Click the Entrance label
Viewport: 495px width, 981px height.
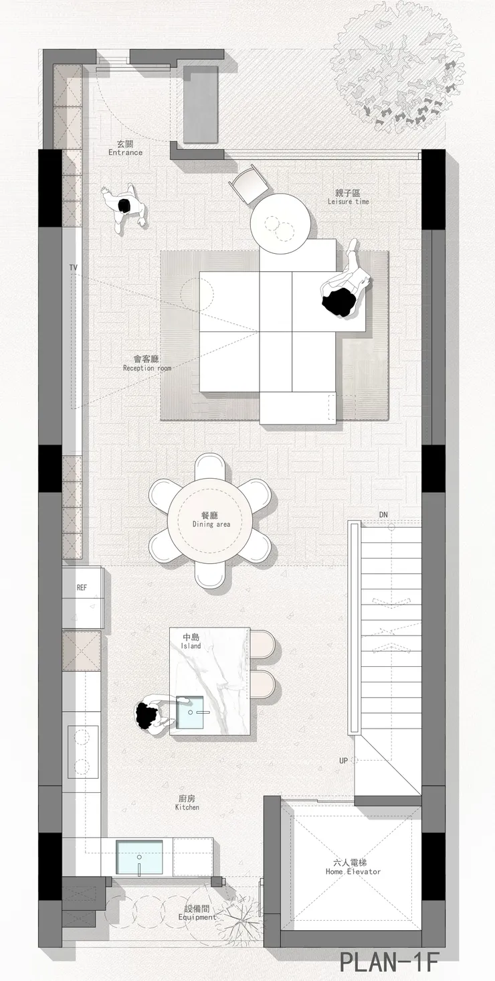pyautogui.click(x=125, y=153)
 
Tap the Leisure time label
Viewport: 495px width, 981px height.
pyautogui.click(x=349, y=202)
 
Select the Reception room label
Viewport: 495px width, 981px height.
pyautogui.click(x=147, y=368)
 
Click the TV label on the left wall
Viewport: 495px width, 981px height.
pyautogui.click(x=73, y=267)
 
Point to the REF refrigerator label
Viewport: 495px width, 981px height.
pyautogui.click(x=82, y=587)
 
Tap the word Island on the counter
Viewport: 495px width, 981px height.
pyautogui.click(x=191, y=646)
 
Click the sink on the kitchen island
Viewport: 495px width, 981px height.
pyautogui.click(x=190, y=712)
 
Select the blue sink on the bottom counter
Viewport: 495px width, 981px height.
pyautogui.click(x=139, y=857)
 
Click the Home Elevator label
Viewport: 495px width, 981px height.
pyautogui.click(x=353, y=871)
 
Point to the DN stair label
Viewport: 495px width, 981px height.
pyautogui.click(x=383, y=514)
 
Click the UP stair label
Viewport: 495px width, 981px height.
pyautogui.click(x=344, y=760)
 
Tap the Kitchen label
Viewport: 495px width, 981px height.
pyautogui.click(x=187, y=807)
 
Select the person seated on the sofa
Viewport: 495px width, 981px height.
pyautogui.click(x=346, y=281)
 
